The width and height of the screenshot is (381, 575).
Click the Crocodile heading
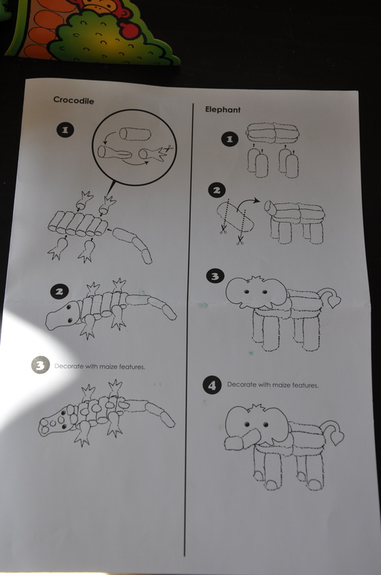click(x=74, y=100)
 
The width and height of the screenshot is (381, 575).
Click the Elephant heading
click(x=222, y=109)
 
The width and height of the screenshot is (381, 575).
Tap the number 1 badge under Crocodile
click(x=65, y=130)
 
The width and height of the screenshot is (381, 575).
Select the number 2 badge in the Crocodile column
click(x=60, y=291)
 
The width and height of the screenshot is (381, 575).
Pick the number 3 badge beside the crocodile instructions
click(x=40, y=365)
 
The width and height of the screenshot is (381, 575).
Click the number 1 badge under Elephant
click(x=230, y=139)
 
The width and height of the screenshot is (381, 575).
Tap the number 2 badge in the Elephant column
click(x=217, y=190)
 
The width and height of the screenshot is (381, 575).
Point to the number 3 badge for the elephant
click(x=215, y=276)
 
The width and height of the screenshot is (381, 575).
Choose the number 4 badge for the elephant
click(x=212, y=385)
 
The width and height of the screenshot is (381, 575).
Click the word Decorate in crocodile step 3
click(x=69, y=366)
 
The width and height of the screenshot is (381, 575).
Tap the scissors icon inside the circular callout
click(x=169, y=149)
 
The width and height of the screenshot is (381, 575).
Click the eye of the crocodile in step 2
click(x=69, y=307)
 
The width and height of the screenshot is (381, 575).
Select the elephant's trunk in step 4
click(x=242, y=439)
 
